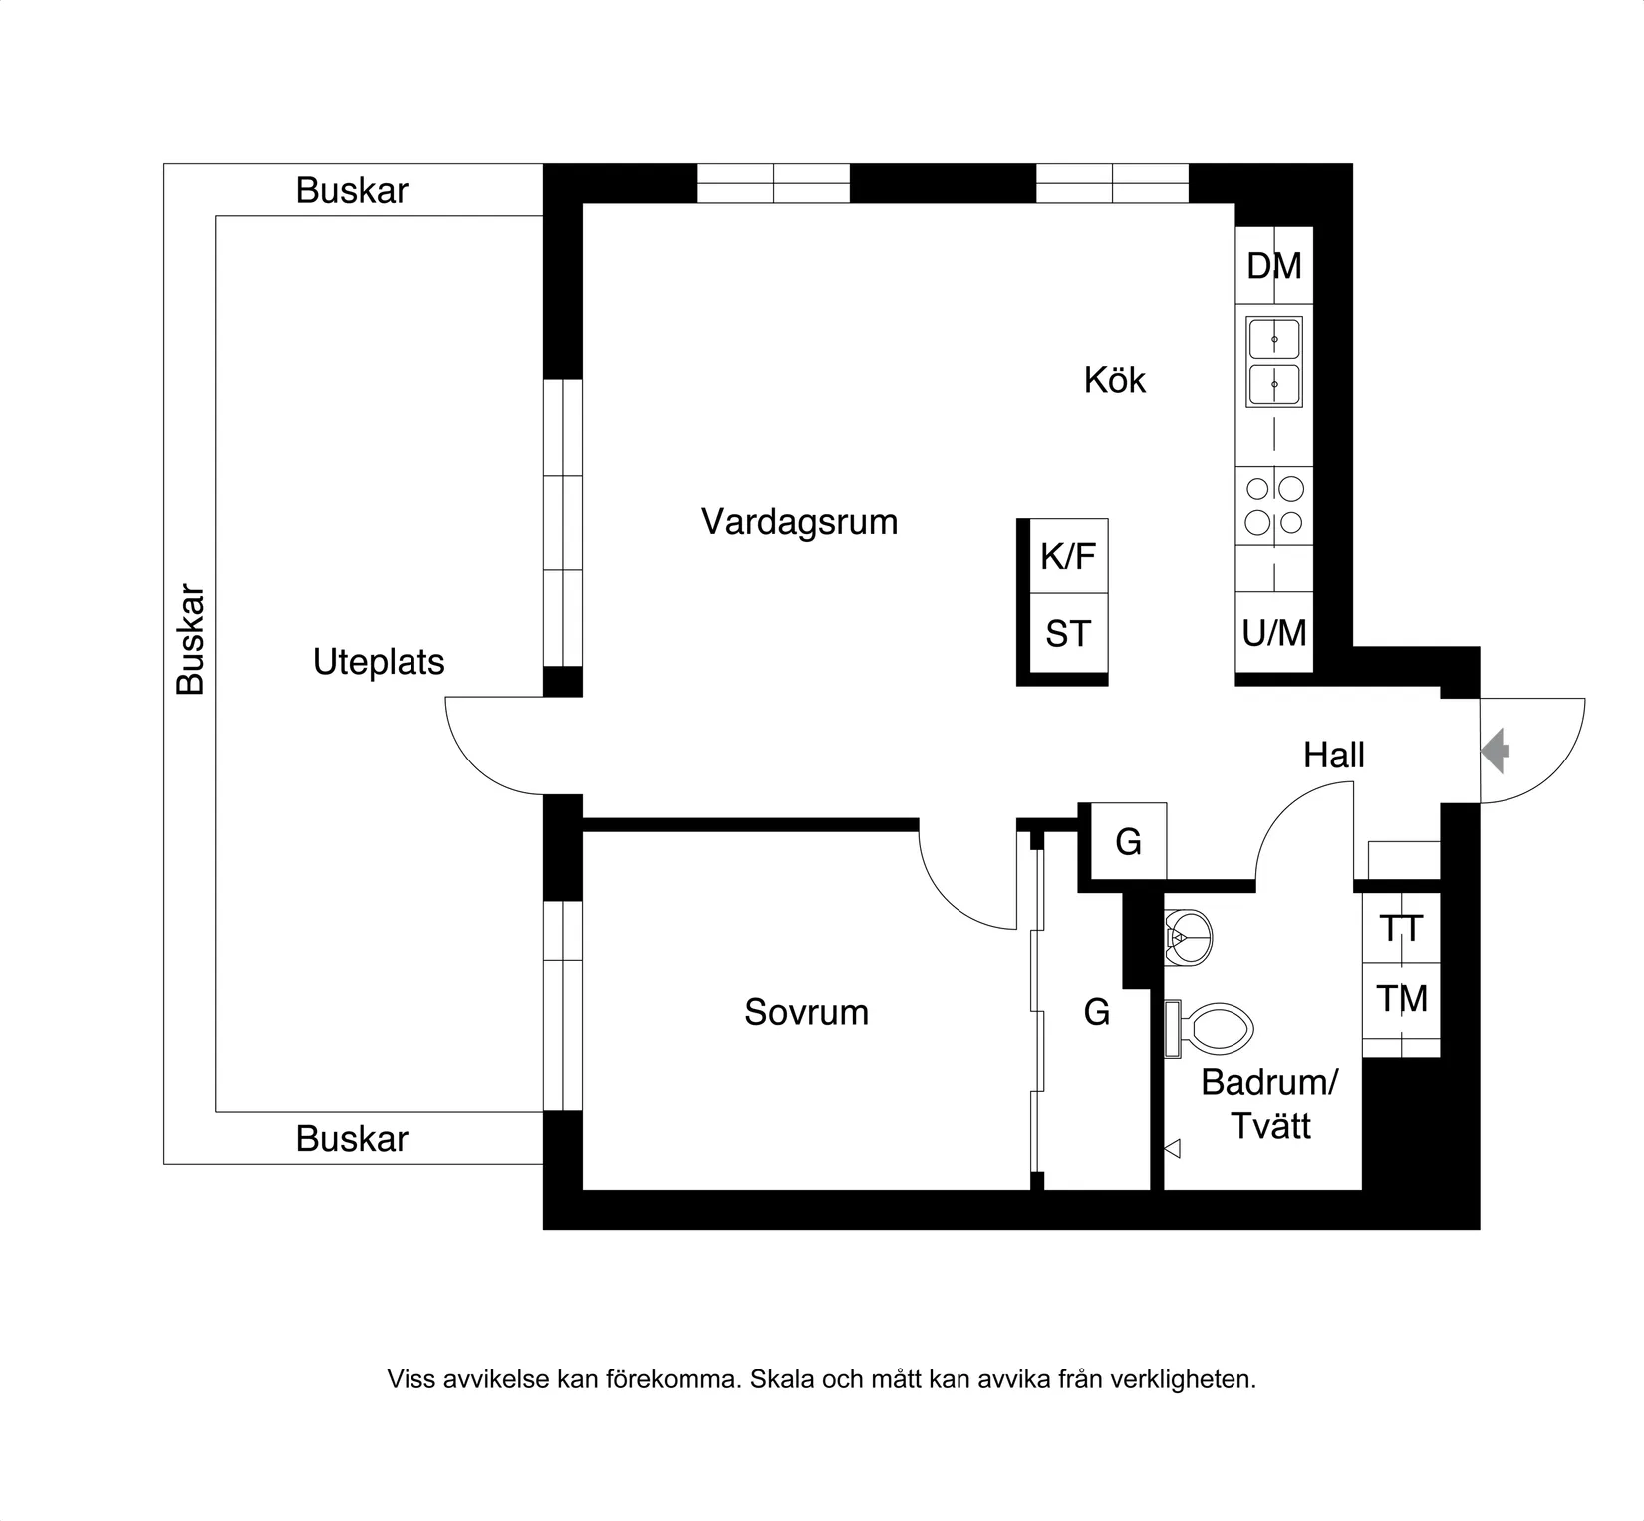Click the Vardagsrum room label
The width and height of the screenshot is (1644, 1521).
click(x=799, y=522)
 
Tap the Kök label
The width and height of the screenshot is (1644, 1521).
click(x=1114, y=380)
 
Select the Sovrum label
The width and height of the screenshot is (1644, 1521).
click(x=806, y=1012)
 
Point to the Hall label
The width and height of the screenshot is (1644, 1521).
click(x=1333, y=756)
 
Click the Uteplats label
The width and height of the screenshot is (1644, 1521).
click(x=379, y=662)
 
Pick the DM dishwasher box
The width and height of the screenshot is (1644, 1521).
click(x=1274, y=266)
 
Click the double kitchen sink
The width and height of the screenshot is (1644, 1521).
click(x=1274, y=362)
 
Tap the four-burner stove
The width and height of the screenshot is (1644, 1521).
click(x=1274, y=505)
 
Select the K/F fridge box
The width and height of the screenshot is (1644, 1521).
click(x=1067, y=556)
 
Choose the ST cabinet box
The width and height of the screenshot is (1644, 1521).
click(x=1067, y=634)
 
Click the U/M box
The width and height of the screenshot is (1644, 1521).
click(x=1274, y=633)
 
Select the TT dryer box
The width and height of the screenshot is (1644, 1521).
click(x=1401, y=929)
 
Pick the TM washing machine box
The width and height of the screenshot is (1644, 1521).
click(x=1401, y=998)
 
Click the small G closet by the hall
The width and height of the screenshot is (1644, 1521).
click(x=1128, y=842)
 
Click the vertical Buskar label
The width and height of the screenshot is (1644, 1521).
click(x=190, y=639)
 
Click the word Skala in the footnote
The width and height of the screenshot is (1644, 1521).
click(x=782, y=1379)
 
